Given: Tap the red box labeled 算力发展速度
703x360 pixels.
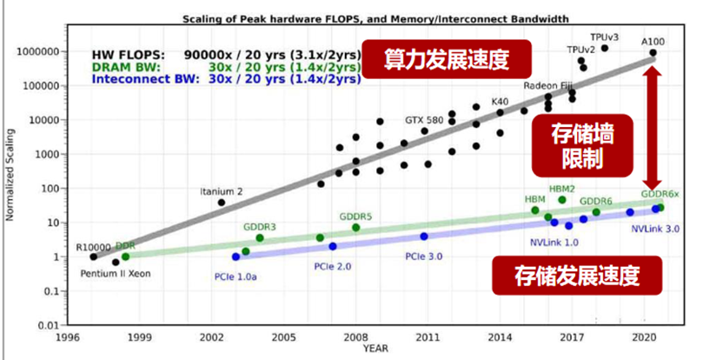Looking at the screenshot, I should click(x=446, y=61).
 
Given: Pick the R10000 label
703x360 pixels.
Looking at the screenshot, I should click(x=91, y=247).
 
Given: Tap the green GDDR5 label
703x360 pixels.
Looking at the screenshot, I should click(x=355, y=217).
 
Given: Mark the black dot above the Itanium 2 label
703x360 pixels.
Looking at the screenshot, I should click(x=222, y=202).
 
